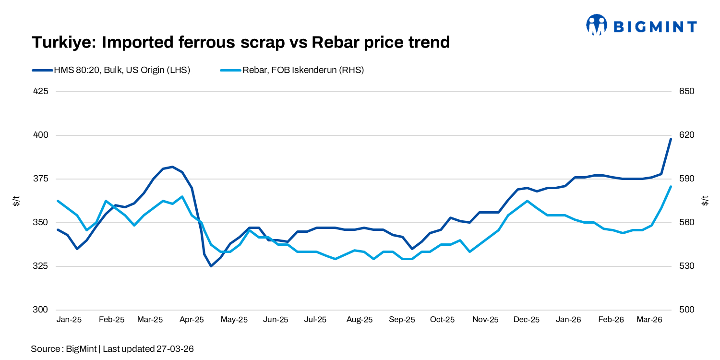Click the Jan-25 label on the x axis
(x=69, y=320)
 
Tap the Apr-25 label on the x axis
(x=192, y=320)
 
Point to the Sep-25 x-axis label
(x=402, y=320)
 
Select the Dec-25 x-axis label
(x=527, y=320)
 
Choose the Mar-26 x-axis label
(x=649, y=320)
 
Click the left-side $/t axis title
(x=16, y=201)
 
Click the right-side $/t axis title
(x=704, y=201)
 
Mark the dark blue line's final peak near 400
(x=671, y=139)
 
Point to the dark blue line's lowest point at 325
(x=211, y=266)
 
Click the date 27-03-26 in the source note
(x=175, y=349)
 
